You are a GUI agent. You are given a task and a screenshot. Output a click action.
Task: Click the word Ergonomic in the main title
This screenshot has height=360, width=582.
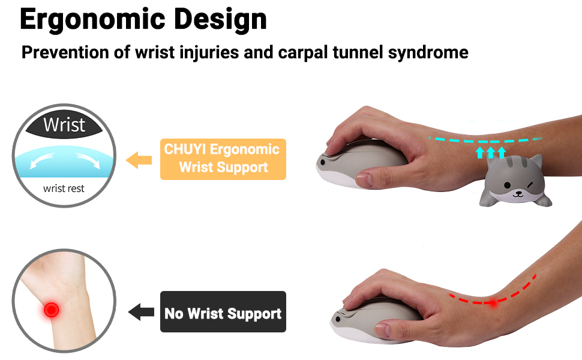tap(94, 20)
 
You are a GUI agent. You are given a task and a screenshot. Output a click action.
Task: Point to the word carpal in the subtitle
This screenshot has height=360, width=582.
tap(304, 53)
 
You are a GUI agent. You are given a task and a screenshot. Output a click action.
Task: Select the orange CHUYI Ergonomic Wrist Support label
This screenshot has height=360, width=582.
tap(223, 159)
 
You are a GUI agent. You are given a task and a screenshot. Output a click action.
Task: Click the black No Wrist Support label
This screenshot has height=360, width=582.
tap(223, 312)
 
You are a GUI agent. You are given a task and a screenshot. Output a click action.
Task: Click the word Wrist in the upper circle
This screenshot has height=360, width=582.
tap(64, 125)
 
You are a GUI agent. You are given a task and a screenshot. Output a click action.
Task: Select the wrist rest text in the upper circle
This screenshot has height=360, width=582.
tap(64, 188)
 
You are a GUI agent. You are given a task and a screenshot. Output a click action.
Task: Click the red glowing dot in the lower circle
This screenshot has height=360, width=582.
tap(51, 310)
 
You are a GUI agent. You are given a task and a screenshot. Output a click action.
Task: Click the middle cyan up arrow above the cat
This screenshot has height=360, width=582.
tap(491, 152)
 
